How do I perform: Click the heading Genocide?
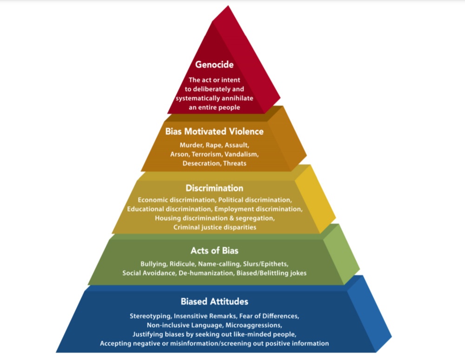point(214,65)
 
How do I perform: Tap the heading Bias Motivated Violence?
point(214,131)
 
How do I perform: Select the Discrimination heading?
point(214,188)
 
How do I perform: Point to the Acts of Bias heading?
point(214,251)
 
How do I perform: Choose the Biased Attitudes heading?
point(214,301)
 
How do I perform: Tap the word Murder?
point(191,145)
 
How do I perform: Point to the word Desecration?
point(201,163)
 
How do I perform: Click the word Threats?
point(235,163)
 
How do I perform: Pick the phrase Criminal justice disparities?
point(214,227)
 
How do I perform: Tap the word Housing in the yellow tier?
point(167,218)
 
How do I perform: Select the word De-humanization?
point(205,273)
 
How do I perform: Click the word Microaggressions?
point(255,325)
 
